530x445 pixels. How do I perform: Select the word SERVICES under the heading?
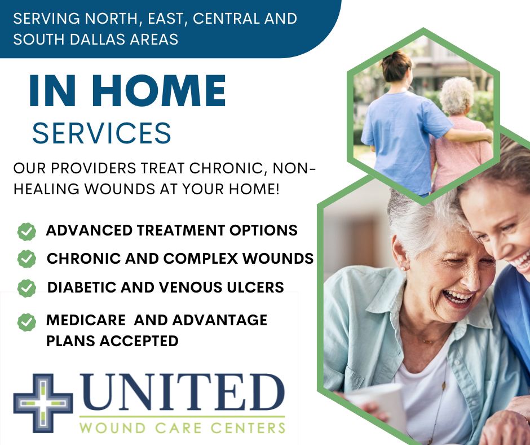(x=101, y=133)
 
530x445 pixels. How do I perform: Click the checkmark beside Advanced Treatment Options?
(x=26, y=232)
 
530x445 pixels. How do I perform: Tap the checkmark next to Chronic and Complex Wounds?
(x=26, y=259)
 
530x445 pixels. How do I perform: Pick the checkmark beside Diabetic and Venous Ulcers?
(x=26, y=288)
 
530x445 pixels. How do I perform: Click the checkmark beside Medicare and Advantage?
(x=26, y=322)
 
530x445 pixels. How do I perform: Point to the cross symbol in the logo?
(x=43, y=403)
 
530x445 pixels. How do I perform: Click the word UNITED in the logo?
(x=182, y=392)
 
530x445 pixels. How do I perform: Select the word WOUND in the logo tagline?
(x=112, y=427)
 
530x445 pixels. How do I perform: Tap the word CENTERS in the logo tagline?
(x=248, y=427)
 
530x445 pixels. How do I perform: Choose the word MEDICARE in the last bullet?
(x=86, y=320)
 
